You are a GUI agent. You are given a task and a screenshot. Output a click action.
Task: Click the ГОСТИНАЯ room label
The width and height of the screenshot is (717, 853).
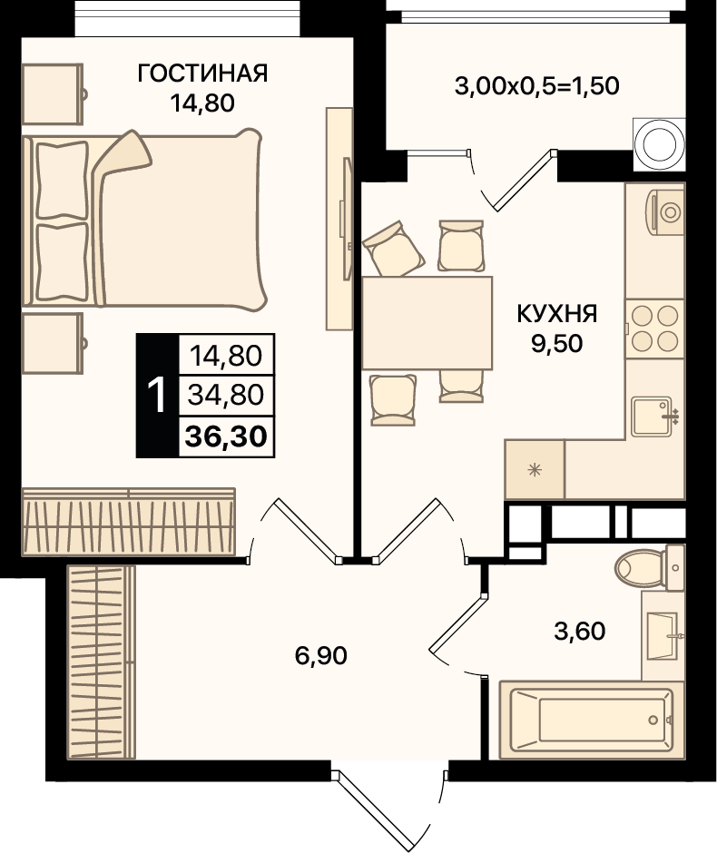tap(202, 73)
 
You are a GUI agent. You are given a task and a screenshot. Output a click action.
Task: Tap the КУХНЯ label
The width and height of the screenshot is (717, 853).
tap(556, 314)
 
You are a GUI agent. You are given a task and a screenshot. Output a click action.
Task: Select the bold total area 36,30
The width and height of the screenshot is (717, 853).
tap(226, 436)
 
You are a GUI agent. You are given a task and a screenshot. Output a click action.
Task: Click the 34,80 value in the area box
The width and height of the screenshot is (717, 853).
tap(226, 395)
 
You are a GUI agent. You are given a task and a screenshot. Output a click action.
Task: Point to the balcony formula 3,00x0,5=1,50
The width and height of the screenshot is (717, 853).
tap(537, 86)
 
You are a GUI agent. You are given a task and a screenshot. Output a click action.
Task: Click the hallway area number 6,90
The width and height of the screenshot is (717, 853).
tap(321, 655)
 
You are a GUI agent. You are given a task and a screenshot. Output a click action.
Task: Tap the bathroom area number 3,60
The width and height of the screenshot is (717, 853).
tap(580, 632)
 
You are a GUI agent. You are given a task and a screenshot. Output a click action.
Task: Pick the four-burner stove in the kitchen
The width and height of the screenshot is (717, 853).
tap(655, 328)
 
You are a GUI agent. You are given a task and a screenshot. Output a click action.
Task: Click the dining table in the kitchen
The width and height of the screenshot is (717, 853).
tap(427, 323)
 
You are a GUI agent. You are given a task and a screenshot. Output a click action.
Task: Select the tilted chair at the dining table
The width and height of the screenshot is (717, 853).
tap(394, 249)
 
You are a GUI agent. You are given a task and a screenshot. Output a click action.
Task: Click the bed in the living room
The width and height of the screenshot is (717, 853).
tap(144, 220)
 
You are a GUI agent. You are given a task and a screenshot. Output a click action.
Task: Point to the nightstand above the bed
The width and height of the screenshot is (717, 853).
tap(53, 94)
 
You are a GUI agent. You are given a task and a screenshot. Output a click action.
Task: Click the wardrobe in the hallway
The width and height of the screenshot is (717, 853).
tap(101, 662)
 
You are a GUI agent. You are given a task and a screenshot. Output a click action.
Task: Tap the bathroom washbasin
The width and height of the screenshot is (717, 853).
tap(663, 635)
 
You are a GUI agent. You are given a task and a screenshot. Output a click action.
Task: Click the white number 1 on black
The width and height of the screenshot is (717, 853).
tap(157, 396)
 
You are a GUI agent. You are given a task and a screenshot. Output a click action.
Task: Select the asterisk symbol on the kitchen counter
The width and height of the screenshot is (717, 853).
tap(535, 469)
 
